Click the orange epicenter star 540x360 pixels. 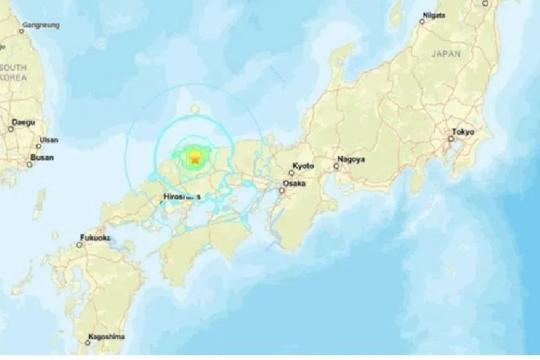[195, 160]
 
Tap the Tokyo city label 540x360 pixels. [463, 131]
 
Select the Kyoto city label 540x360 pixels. [303, 166]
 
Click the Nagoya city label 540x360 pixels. [351, 159]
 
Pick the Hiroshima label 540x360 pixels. [183, 197]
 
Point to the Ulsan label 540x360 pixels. [49, 140]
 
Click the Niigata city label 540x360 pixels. [432, 15]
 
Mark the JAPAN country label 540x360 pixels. [446, 53]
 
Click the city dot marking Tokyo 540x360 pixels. [451, 139]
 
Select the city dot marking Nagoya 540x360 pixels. [337, 166]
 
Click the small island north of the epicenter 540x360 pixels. [195, 108]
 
